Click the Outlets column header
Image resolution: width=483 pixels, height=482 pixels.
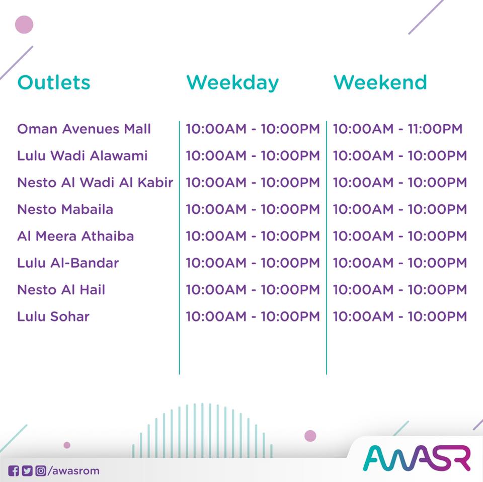coord(54,82)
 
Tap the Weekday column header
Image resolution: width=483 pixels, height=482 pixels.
coord(232,83)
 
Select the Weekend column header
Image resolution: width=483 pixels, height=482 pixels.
coord(380,82)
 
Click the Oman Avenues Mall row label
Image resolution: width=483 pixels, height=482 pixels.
coord(84,129)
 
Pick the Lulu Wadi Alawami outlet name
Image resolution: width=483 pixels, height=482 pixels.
coord(82,155)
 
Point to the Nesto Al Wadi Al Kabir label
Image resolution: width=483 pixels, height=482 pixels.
coord(95,182)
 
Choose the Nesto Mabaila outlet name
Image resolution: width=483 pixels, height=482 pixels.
coord(65,209)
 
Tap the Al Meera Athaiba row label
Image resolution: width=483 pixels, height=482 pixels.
coord(75,236)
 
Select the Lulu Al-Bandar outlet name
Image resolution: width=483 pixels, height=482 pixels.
coord(68,263)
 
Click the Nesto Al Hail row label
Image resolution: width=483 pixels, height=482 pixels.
coord(61,289)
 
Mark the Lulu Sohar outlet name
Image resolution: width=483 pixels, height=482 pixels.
coord(53,316)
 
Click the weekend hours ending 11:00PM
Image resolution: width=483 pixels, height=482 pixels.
coord(397,129)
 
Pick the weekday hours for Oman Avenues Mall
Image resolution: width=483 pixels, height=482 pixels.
coord(253,129)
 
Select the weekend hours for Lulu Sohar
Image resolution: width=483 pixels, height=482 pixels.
coord(400,316)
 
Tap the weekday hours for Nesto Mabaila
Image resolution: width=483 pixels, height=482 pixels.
coord(253,209)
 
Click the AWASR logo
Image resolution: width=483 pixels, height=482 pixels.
coord(417,458)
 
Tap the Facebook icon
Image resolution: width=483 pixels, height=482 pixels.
coord(14,471)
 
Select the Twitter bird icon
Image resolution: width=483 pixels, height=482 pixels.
coord(27,471)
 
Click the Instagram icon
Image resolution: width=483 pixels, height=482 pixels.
coord(41,471)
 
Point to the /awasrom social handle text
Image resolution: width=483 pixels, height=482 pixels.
coord(73,471)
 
